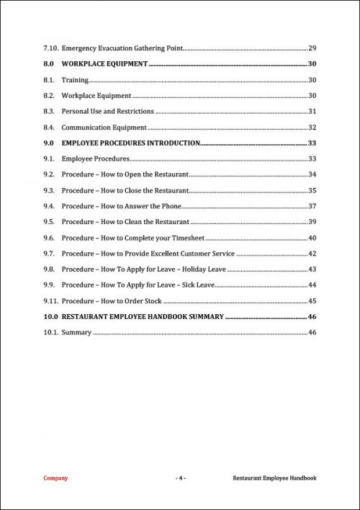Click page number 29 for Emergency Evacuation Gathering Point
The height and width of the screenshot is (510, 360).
[312, 48]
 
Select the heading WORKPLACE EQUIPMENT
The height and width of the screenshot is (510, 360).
[104, 64]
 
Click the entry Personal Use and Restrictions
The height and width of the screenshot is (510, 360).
[108, 111]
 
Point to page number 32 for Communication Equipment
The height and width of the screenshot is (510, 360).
[312, 127]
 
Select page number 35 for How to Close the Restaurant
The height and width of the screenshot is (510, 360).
[312, 190]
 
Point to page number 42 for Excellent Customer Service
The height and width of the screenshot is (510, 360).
[312, 254]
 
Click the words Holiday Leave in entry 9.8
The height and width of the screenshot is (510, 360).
[205, 269]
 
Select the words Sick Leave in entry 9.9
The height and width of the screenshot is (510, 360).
[199, 285]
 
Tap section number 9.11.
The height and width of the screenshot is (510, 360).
[50, 301]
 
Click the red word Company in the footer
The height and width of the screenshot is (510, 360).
[56, 478]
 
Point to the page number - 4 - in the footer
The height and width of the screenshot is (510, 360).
[181, 478]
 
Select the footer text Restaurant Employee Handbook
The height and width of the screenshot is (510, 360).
[274, 478]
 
